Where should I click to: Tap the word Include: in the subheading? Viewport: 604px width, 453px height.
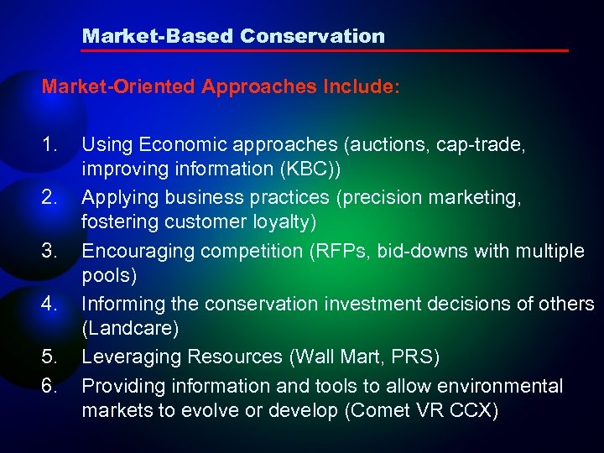click(x=362, y=87)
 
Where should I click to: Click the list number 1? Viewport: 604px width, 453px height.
click(x=49, y=145)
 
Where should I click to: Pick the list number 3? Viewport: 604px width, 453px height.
click(x=49, y=251)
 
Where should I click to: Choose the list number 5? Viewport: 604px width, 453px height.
click(x=49, y=357)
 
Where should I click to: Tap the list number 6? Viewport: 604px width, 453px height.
click(x=49, y=386)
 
